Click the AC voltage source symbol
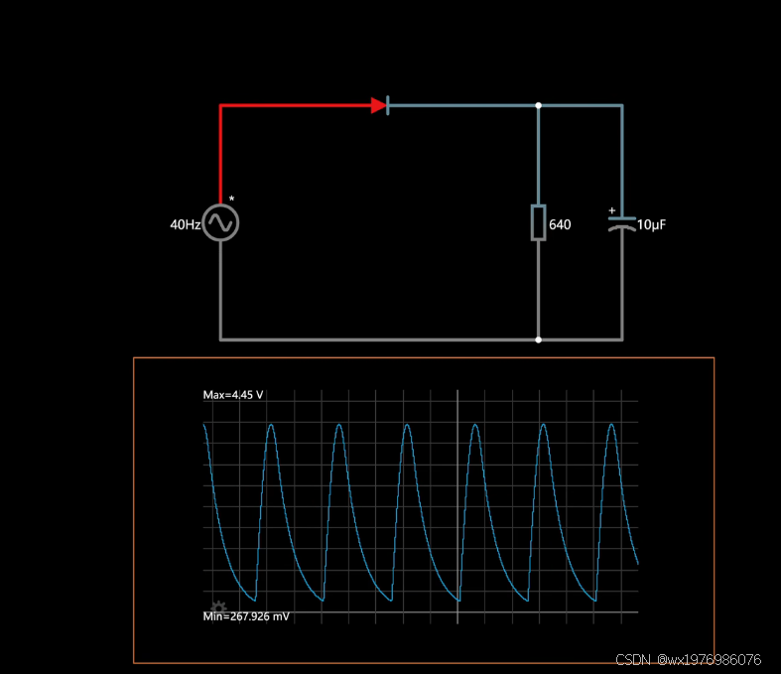[220, 223]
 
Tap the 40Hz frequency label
[185, 225]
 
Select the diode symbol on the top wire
[382, 105]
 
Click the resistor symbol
[538, 222]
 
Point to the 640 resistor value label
[560, 225]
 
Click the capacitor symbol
[622, 222]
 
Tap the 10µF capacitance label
[651, 225]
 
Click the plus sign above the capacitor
[611, 210]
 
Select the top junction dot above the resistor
[539, 105]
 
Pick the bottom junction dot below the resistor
[539, 339]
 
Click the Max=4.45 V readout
[233, 395]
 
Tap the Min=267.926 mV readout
[247, 616]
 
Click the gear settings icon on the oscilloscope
[218, 607]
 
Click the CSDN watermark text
[688, 660]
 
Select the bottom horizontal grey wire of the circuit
[377, 339]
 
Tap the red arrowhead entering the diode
[378, 105]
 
